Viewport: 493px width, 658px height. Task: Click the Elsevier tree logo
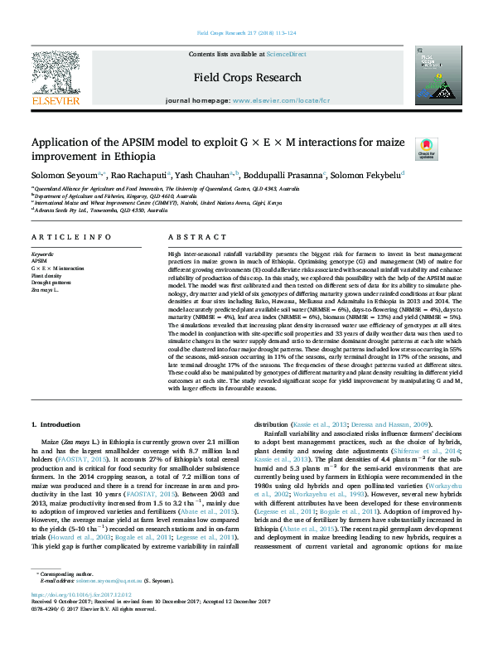[55, 80]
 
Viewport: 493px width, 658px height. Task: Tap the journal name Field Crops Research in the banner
[247, 78]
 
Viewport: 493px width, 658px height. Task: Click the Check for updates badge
[426, 148]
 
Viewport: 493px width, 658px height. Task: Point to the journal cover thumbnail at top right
[433, 75]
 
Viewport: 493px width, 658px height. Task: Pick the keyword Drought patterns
[51, 282]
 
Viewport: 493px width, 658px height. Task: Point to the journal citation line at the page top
[246, 33]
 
